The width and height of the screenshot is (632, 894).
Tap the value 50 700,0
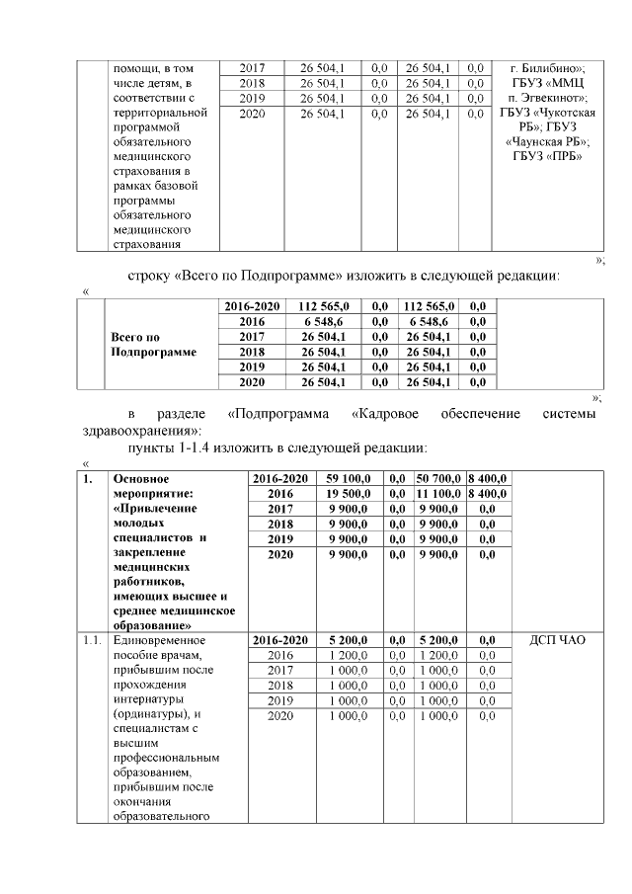click(439, 478)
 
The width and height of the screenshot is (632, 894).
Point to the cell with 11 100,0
click(439, 493)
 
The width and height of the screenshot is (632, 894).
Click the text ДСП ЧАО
click(557, 640)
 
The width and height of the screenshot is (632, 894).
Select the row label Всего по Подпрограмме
click(153, 344)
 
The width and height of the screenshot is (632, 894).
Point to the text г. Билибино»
click(547, 68)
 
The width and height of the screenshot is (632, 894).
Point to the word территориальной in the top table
click(160, 113)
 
